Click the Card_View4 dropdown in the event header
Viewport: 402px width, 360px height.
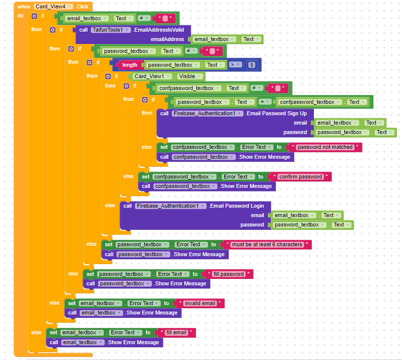[x=53, y=6]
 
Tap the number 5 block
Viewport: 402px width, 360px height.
[x=251, y=65]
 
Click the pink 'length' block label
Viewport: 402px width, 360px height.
[x=130, y=65]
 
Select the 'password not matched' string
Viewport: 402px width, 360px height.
[x=325, y=147]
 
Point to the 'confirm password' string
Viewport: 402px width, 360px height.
[x=301, y=177]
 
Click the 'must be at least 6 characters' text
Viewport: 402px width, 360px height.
[x=267, y=244]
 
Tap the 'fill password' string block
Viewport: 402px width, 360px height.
[x=228, y=274]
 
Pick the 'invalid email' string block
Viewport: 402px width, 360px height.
[x=200, y=303]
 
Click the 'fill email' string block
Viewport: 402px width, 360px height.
[x=176, y=332]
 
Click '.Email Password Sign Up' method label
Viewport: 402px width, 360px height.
[x=276, y=113]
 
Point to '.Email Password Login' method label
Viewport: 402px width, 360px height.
[x=236, y=206]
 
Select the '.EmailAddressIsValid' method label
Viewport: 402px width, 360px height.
[x=158, y=30]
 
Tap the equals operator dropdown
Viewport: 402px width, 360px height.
[x=265, y=102]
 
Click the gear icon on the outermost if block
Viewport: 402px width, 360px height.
[x=34, y=16]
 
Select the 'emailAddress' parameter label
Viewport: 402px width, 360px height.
[x=167, y=39]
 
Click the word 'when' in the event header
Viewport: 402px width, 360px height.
[x=24, y=6]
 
